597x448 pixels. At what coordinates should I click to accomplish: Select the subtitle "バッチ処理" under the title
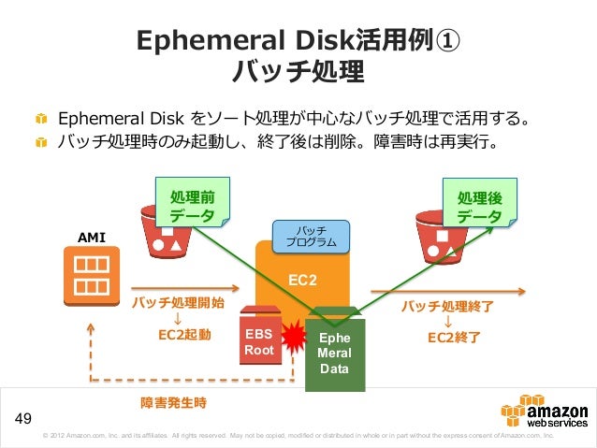[x=298, y=71]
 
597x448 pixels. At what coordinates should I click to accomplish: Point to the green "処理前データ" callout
[x=193, y=205]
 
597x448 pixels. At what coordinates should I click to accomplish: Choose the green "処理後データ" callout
[x=479, y=205]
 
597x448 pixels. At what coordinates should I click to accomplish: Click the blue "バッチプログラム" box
[x=310, y=237]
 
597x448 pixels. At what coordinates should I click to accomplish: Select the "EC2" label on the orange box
[x=302, y=280]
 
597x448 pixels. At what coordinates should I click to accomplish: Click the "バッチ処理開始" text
[x=178, y=304]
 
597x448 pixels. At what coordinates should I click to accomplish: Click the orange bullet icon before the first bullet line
[x=41, y=121]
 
